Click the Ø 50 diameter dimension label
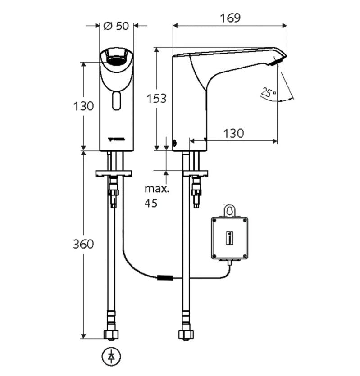pos(116,26)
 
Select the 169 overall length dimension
pos(230,18)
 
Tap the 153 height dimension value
pos(157,98)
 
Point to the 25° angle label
pos(269,93)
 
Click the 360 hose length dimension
pos(84,244)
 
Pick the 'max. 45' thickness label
pos(156,196)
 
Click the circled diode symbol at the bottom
pos(111,356)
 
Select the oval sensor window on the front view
pos(117,100)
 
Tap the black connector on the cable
pos(165,278)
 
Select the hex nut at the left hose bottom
pos(111,335)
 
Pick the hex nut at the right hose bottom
pos(185,335)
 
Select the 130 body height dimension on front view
pos(84,106)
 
